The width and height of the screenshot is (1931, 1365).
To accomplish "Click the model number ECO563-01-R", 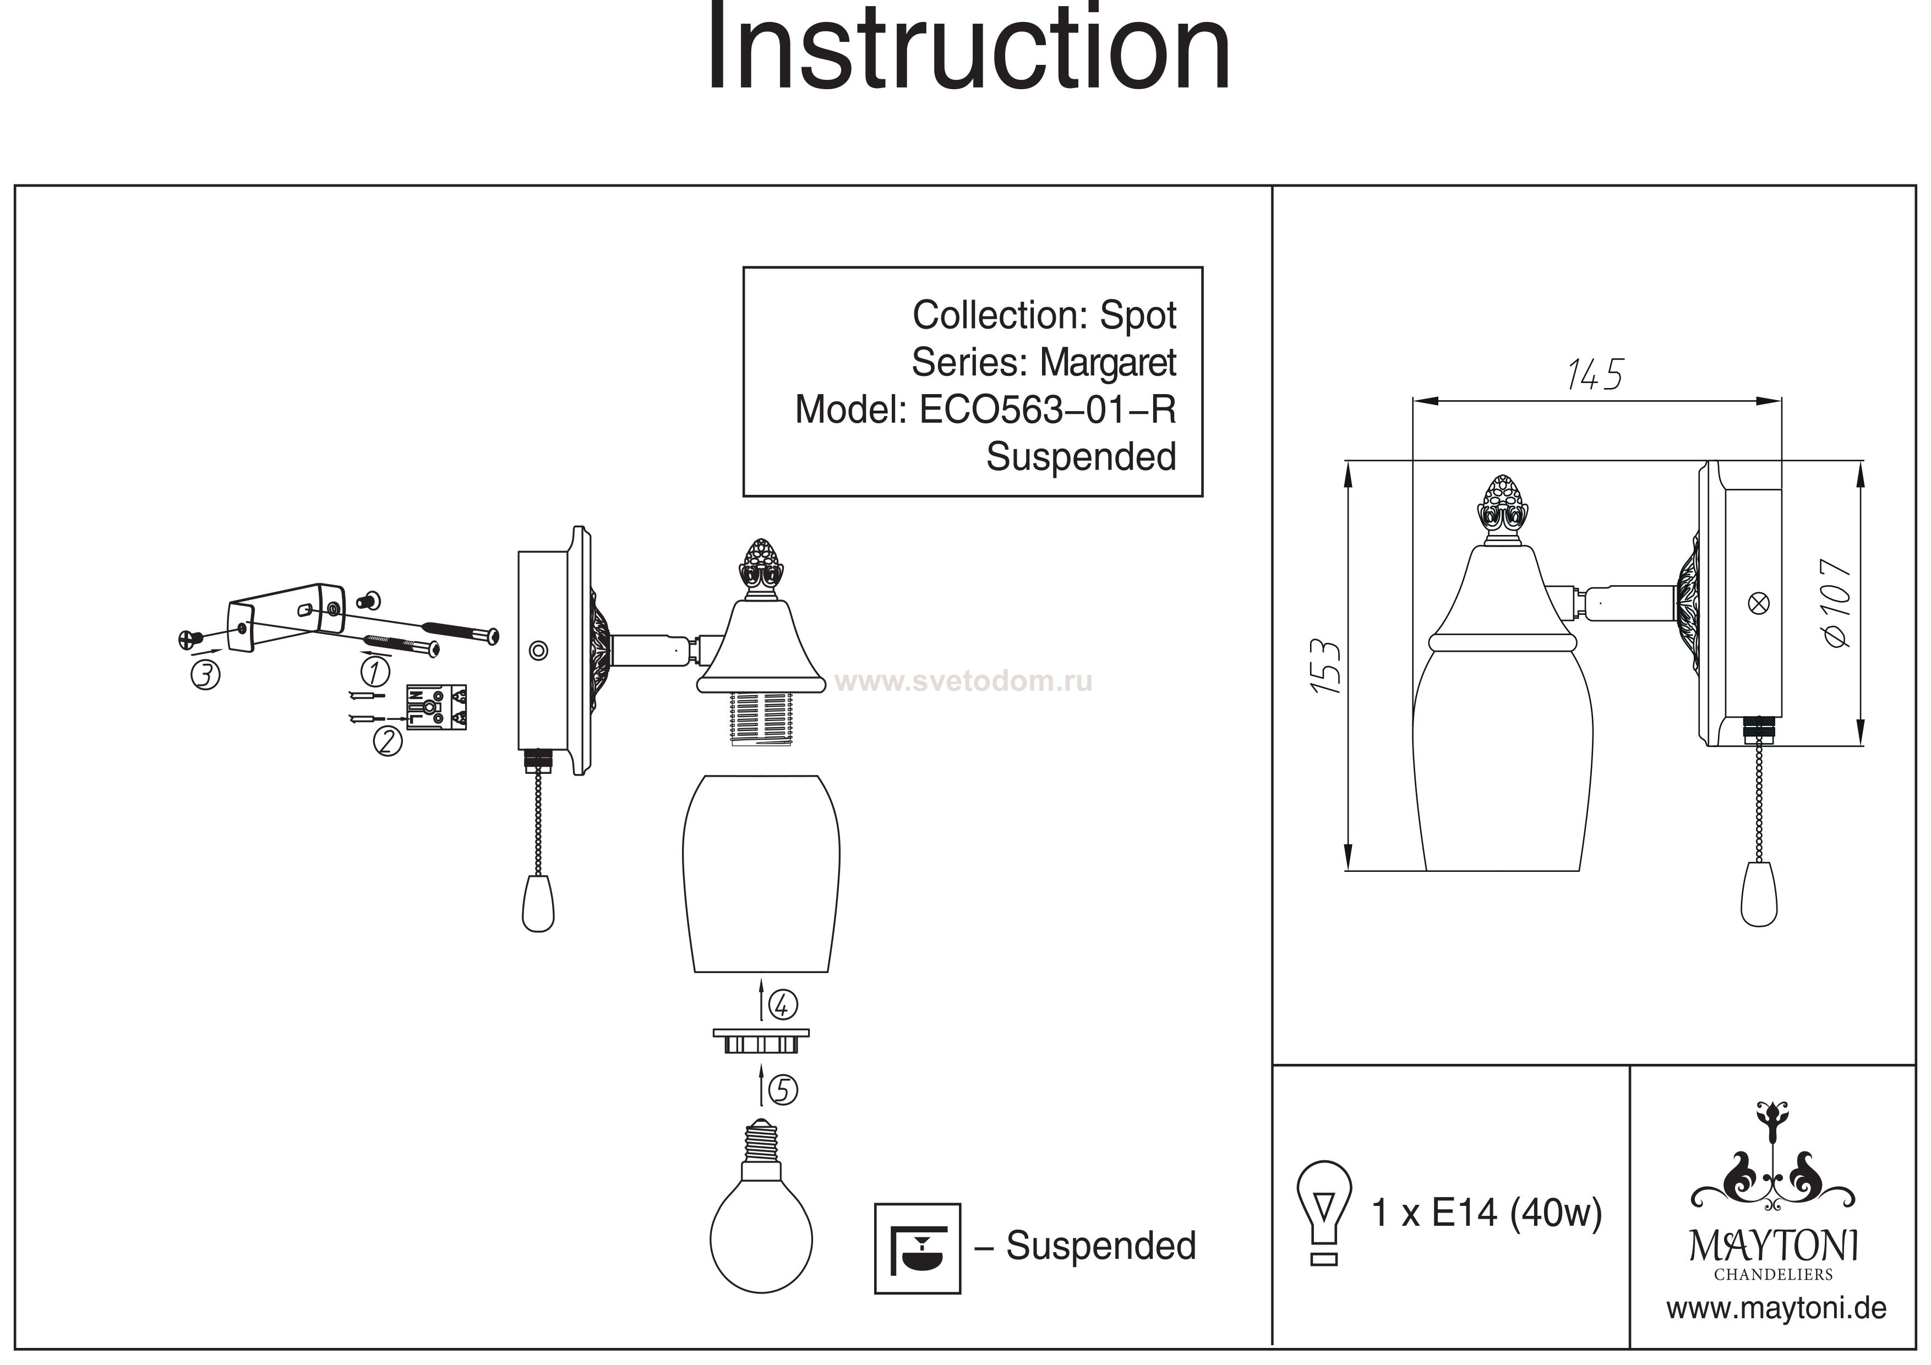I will pos(1047,411).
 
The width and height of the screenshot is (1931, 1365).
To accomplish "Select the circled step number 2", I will pos(388,741).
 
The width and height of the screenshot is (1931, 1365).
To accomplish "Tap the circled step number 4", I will pos(783,1004).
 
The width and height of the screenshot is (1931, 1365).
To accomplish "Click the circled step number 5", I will pos(783,1091).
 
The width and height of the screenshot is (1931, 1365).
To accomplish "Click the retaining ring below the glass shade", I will pos(761,1041).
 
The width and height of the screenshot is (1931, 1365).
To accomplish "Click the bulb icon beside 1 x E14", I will pos(1324,1211).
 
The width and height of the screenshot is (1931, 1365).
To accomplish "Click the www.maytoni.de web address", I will pos(1776,1309).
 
